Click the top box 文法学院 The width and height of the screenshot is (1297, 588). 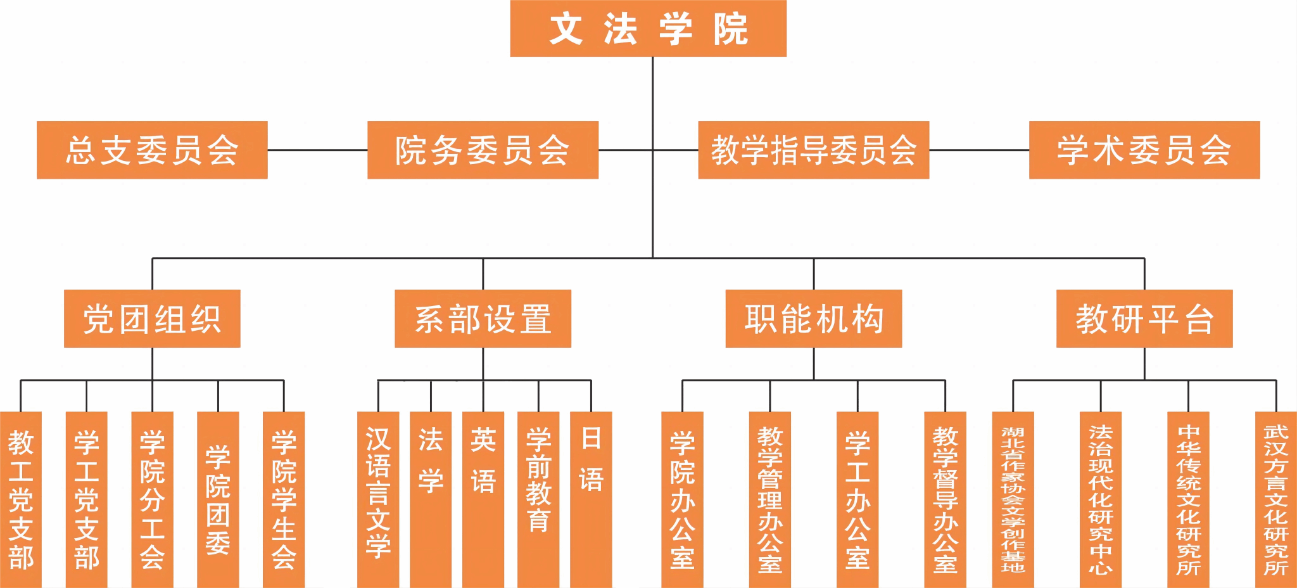(648, 29)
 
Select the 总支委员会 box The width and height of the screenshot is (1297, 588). (152, 150)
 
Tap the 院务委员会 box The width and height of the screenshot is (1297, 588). (483, 150)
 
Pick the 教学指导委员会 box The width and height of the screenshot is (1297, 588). (813, 150)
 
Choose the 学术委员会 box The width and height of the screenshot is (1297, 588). (1144, 150)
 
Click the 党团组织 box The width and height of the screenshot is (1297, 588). (152, 319)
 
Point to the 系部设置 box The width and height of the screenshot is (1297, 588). (483, 319)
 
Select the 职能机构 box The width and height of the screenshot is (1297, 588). (813, 319)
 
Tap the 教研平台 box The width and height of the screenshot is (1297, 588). (1144, 319)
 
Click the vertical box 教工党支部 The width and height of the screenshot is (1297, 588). (21, 499)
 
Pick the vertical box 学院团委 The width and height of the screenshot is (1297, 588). (218, 499)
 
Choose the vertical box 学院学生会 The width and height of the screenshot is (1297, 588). (284, 499)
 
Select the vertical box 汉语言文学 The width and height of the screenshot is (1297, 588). (378, 499)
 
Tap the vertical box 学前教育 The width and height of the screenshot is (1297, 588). (538, 499)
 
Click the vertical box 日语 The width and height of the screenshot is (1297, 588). (591, 499)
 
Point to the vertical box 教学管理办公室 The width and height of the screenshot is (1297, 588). (769, 499)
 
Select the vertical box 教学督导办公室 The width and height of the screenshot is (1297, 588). (945, 499)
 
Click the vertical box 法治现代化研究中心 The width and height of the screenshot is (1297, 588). (1101, 499)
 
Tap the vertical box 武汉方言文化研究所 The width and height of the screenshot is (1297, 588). (1275, 499)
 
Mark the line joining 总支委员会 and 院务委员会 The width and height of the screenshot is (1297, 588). (317, 150)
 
